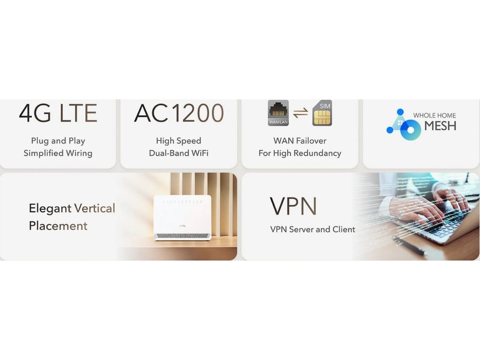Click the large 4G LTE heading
[x=58, y=113]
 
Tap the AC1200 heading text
[x=179, y=113]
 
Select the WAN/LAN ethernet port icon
[x=278, y=113]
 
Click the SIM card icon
[x=322, y=113]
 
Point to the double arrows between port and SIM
[x=300, y=113]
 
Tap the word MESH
[x=440, y=126]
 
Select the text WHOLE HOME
[x=434, y=115]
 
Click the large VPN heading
[x=293, y=206]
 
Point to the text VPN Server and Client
[x=313, y=229]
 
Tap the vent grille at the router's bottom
[x=182, y=235]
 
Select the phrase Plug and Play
[x=58, y=141]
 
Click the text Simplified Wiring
[x=58, y=153]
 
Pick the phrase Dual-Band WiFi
[x=179, y=153]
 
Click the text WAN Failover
[x=300, y=141]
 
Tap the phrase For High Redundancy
[x=300, y=153]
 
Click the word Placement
[x=58, y=226]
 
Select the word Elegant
[x=50, y=208]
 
